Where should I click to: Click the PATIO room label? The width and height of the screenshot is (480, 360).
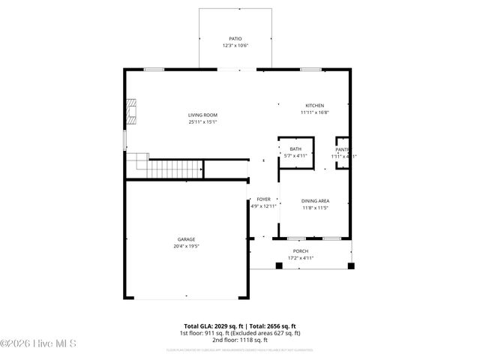point(235,38)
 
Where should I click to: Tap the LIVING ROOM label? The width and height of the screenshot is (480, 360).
point(202,115)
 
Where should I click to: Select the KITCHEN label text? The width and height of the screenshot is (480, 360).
point(314,105)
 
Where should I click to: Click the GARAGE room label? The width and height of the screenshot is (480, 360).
point(186,239)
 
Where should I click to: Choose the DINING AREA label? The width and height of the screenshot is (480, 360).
point(315,200)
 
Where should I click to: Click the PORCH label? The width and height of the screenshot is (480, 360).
point(301,251)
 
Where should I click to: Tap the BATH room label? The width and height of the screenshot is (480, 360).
point(295,149)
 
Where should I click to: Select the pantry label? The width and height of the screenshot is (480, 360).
point(343,149)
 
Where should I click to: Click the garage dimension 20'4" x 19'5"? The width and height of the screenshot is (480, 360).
point(186,246)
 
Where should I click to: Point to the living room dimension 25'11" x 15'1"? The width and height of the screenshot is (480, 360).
point(202,121)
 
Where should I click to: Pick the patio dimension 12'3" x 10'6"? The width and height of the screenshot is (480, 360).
point(235,46)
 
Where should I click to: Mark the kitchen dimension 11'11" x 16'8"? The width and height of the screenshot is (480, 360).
point(314,112)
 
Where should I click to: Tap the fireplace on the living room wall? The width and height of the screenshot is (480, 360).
point(131,111)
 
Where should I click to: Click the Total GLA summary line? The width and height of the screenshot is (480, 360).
point(239,326)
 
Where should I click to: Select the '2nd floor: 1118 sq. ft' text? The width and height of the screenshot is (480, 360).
point(239,340)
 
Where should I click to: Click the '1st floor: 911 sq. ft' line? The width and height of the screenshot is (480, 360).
point(239,333)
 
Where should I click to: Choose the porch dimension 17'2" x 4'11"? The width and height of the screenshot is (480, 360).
point(301,258)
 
